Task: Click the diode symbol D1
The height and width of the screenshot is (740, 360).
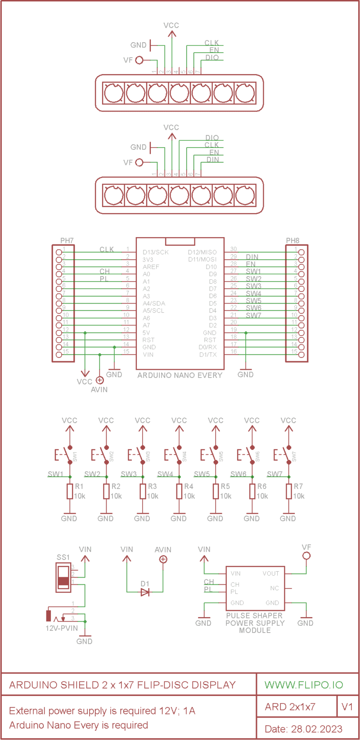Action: [x=145, y=592]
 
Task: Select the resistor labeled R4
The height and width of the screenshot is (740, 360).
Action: [x=179, y=492]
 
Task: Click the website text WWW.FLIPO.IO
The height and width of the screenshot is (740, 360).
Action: [x=304, y=685]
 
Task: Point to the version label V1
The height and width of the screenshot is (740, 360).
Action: [x=347, y=707]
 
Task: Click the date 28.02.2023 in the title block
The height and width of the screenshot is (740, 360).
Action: [x=317, y=729]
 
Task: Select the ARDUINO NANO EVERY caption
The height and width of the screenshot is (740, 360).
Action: [x=180, y=375]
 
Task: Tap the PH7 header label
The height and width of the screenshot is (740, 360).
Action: [x=67, y=241]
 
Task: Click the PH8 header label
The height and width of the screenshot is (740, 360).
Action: [x=292, y=241]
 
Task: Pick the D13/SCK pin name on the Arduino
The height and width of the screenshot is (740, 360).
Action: [x=155, y=252]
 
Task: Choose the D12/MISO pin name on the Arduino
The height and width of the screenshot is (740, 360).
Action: [x=202, y=252]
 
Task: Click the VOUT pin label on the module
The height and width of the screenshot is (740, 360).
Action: [x=271, y=574]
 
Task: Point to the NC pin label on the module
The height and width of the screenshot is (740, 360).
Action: [x=274, y=588]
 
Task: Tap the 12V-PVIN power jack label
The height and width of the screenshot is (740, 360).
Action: [x=62, y=628]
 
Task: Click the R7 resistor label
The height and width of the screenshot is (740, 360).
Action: [x=298, y=486]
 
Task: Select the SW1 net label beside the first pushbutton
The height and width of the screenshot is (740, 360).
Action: [x=55, y=474]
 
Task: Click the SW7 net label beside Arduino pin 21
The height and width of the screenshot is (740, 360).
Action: [x=253, y=315]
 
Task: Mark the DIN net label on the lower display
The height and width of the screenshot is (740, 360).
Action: [x=213, y=160]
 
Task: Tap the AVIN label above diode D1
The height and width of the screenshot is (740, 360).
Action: [x=163, y=550]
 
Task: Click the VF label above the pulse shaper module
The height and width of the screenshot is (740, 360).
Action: [x=306, y=547]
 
